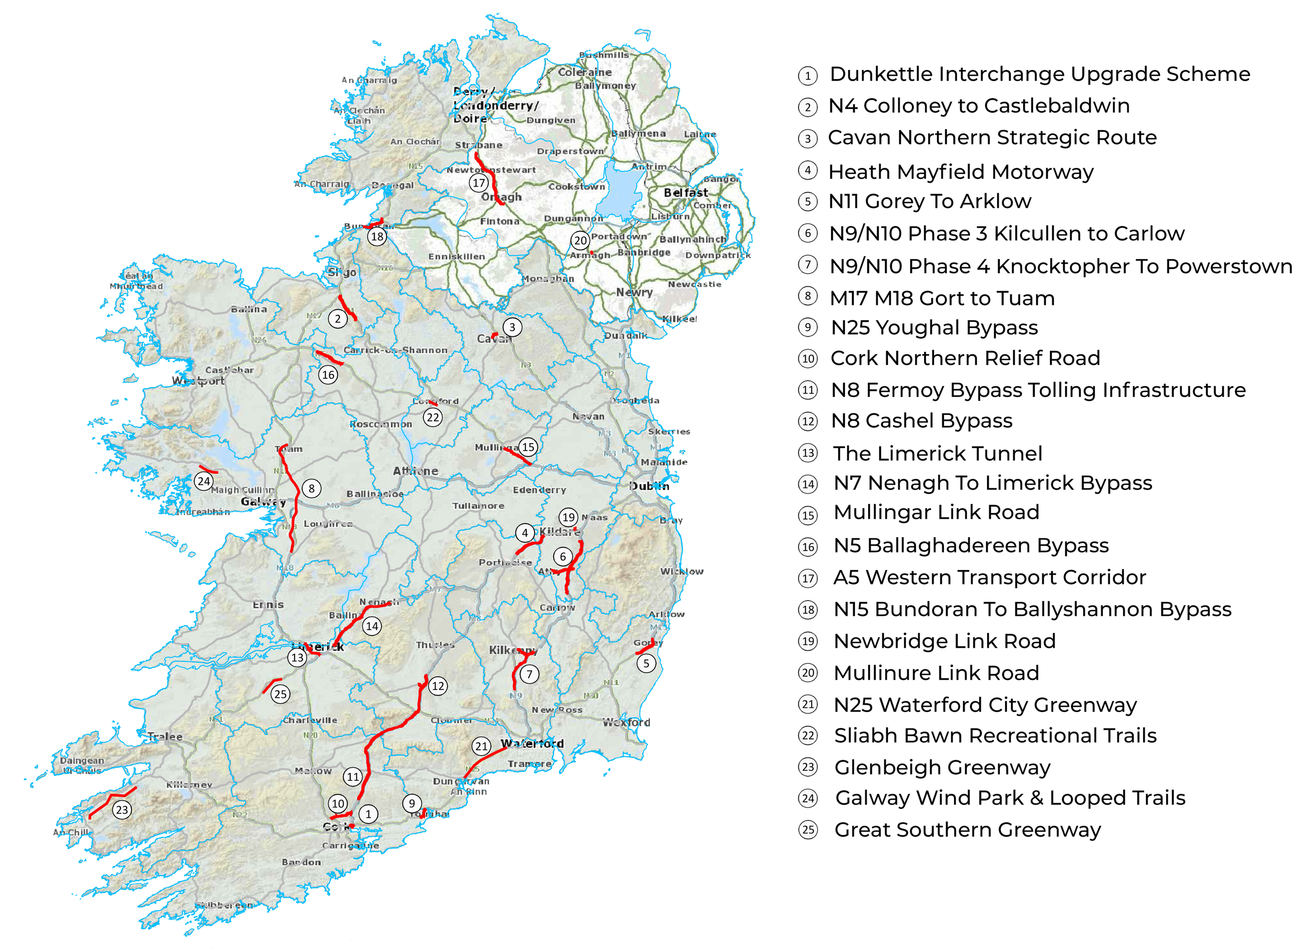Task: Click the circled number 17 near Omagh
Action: (479, 183)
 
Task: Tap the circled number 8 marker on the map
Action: (311, 489)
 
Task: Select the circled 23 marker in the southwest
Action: (121, 810)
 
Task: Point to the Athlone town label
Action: (415, 471)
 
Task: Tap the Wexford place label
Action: (626, 722)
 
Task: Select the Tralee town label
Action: (164, 736)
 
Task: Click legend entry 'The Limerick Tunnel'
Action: (937, 454)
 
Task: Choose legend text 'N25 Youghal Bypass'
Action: (934, 328)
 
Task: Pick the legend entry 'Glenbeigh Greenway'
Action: (942, 768)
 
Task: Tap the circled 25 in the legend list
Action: (809, 830)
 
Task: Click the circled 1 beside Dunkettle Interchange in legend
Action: (808, 75)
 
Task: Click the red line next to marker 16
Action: (329, 357)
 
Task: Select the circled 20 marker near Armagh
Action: (580, 240)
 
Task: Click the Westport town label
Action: (198, 381)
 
